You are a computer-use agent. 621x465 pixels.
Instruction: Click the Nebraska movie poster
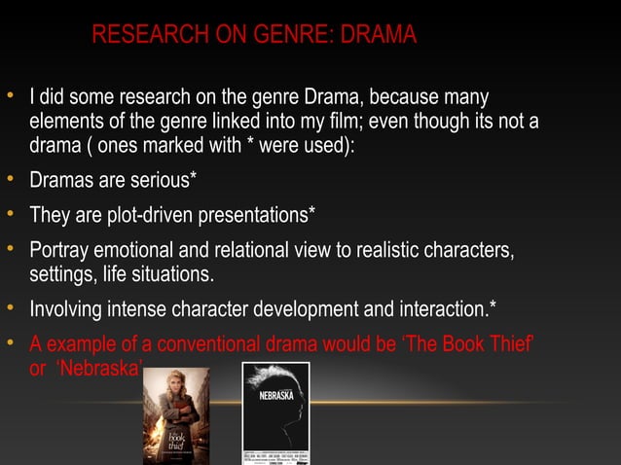[x=275, y=413]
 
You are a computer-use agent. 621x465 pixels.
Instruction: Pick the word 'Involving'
[x=67, y=309]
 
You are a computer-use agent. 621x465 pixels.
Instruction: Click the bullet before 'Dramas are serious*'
[x=11, y=179]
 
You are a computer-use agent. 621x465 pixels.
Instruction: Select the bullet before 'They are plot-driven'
[x=11, y=212]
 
